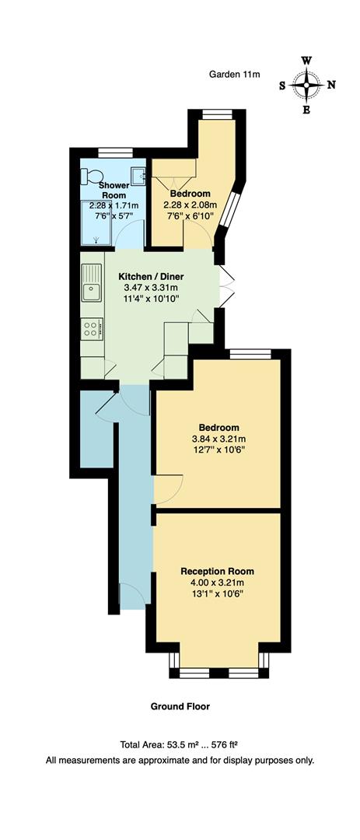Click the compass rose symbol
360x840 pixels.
click(308, 84)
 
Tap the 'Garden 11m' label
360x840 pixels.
click(234, 74)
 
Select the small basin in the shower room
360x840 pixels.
click(138, 176)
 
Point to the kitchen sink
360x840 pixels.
click(91, 284)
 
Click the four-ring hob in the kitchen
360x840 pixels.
click(90, 329)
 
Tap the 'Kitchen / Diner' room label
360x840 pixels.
click(151, 276)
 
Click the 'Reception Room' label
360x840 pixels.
click(217, 571)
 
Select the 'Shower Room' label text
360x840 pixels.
click(114, 190)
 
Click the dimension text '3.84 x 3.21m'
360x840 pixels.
click(218, 439)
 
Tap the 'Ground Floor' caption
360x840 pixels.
click(180, 707)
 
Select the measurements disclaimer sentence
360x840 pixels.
click(180, 759)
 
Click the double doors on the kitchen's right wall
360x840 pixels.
click(225, 285)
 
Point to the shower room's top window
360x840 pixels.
click(114, 151)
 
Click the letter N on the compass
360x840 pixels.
click(331, 85)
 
